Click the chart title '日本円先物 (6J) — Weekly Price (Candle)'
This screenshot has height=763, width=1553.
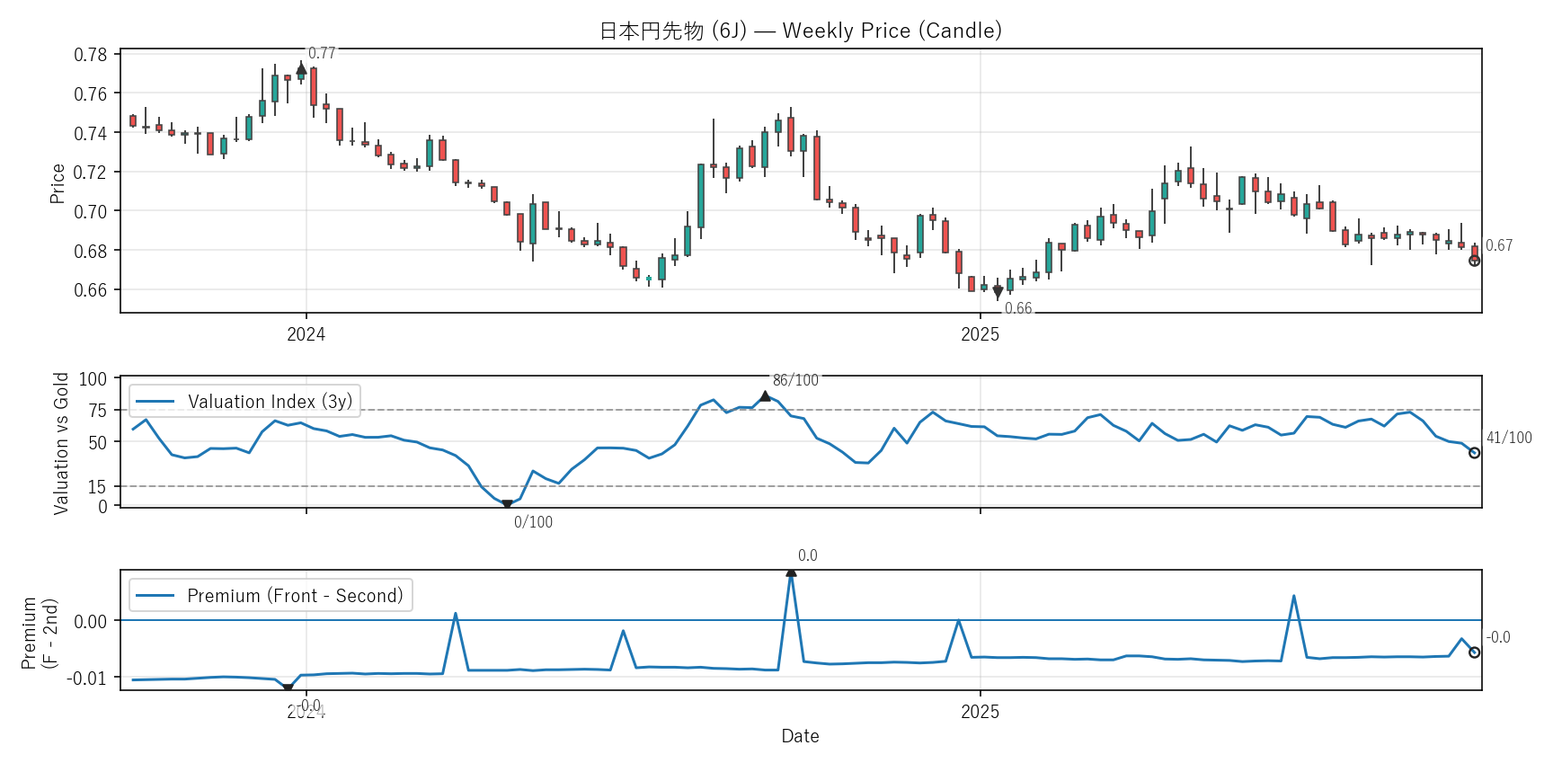click(x=800, y=31)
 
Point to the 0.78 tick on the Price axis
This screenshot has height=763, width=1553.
click(x=90, y=55)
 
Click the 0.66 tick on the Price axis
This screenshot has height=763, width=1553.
click(x=90, y=290)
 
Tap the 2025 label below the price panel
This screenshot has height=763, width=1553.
click(x=980, y=334)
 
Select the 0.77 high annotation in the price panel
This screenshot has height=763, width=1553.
click(x=322, y=54)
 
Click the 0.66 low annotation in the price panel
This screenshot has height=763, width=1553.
click(x=1018, y=308)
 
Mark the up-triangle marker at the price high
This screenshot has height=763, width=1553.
click(x=301, y=68)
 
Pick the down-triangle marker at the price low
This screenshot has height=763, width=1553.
click(x=998, y=292)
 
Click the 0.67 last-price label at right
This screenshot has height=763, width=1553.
click(x=1499, y=245)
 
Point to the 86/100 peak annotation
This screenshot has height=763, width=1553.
click(x=795, y=380)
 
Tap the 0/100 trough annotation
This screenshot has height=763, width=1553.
click(x=533, y=522)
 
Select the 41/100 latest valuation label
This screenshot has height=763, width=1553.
click(x=1509, y=438)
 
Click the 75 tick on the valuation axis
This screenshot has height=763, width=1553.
click(x=97, y=411)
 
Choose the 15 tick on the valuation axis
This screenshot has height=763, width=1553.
click(x=97, y=487)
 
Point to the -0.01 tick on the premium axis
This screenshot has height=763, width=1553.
click(x=86, y=678)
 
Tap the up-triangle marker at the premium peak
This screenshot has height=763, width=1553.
click(x=791, y=572)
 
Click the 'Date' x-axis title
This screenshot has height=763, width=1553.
click(x=800, y=736)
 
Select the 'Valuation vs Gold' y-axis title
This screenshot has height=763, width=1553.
click(x=61, y=443)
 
